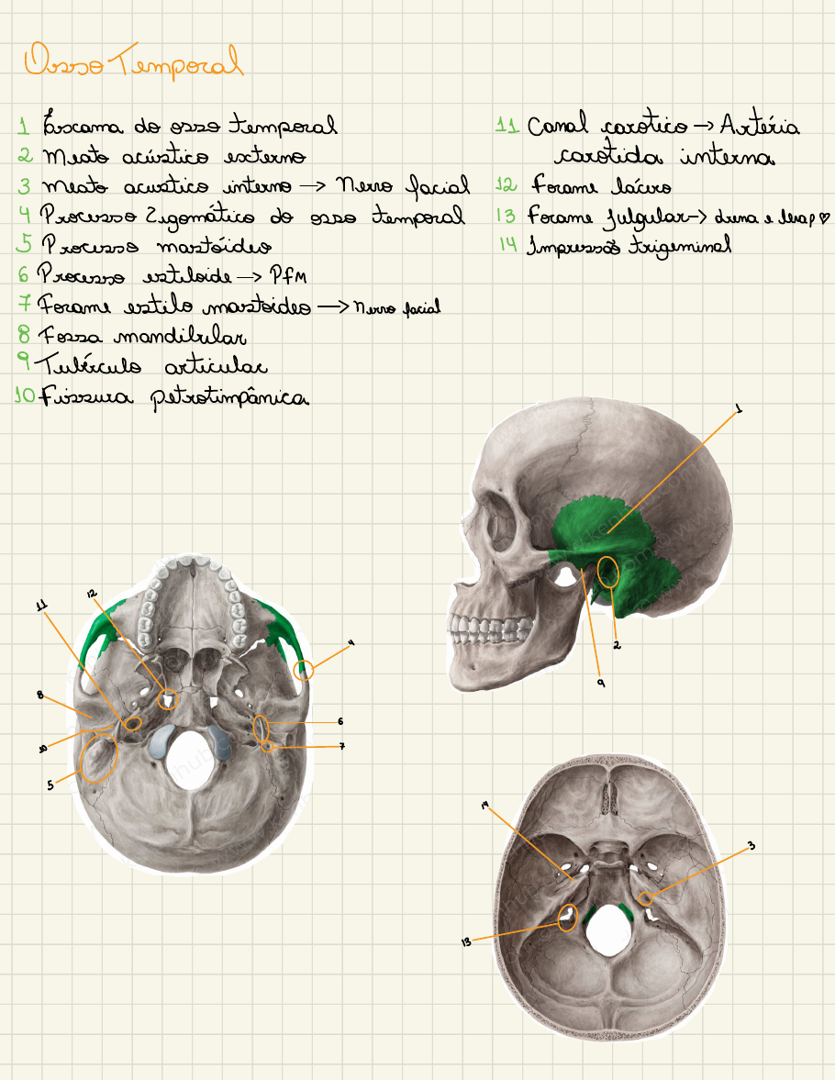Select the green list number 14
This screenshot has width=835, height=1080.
click(x=508, y=245)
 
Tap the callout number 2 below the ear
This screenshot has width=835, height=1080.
click(x=618, y=645)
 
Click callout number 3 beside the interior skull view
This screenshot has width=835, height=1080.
click(x=751, y=845)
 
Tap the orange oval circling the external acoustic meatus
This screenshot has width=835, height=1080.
click(x=607, y=573)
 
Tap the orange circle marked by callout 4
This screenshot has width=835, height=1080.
click(x=304, y=671)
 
